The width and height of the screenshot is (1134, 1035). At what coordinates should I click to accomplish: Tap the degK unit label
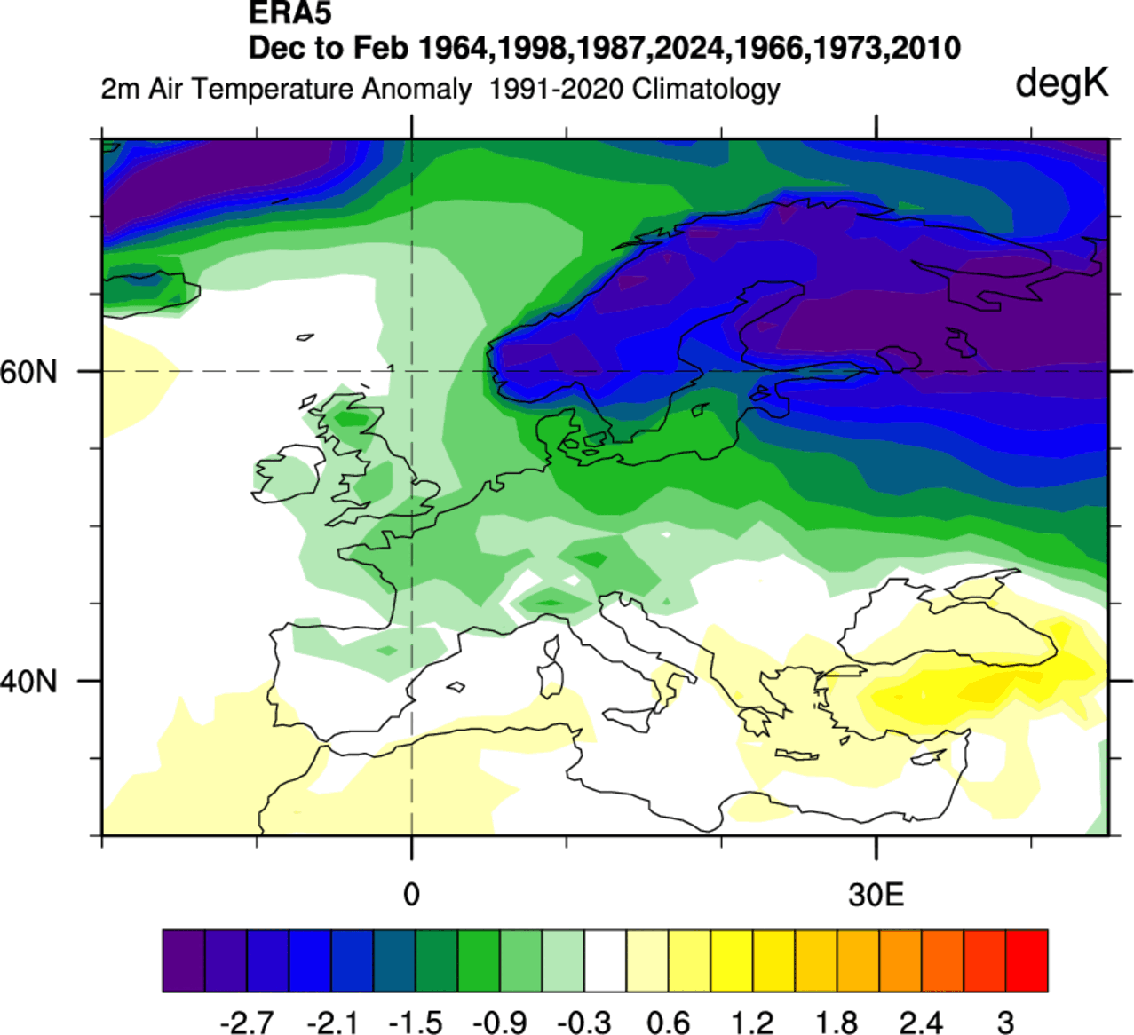[x=1061, y=83]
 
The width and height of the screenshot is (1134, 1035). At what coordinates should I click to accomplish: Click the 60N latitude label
[x=28, y=372]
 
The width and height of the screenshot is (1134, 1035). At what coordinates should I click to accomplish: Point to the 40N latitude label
[x=28, y=682]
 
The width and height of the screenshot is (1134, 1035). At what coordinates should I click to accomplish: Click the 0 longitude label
[x=411, y=894]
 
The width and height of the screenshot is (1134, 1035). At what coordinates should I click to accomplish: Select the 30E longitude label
[x=876, y=894]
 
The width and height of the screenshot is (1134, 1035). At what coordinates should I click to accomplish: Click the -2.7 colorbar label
[x=246, y=1023]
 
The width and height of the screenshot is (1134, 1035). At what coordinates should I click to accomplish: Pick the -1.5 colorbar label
[x=416, y=1023]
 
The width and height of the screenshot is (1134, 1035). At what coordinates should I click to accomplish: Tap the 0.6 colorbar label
[x=669, y=1023]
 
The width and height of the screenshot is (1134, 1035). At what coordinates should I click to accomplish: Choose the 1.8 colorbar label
[x=837, y=1023]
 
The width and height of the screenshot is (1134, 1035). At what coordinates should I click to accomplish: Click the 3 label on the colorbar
[x=1005, y=1023]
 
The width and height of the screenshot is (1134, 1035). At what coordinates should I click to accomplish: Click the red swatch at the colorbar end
[x=1027, y=960]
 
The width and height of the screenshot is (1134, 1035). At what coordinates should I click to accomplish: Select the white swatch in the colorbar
[x=606, y=960]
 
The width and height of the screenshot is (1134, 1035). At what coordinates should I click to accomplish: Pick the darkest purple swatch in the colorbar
[x=184, y=960]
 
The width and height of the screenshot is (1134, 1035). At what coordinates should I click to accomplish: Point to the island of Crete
[x=797, y=755]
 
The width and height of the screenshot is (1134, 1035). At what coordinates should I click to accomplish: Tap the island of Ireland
[x=289, y=476]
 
